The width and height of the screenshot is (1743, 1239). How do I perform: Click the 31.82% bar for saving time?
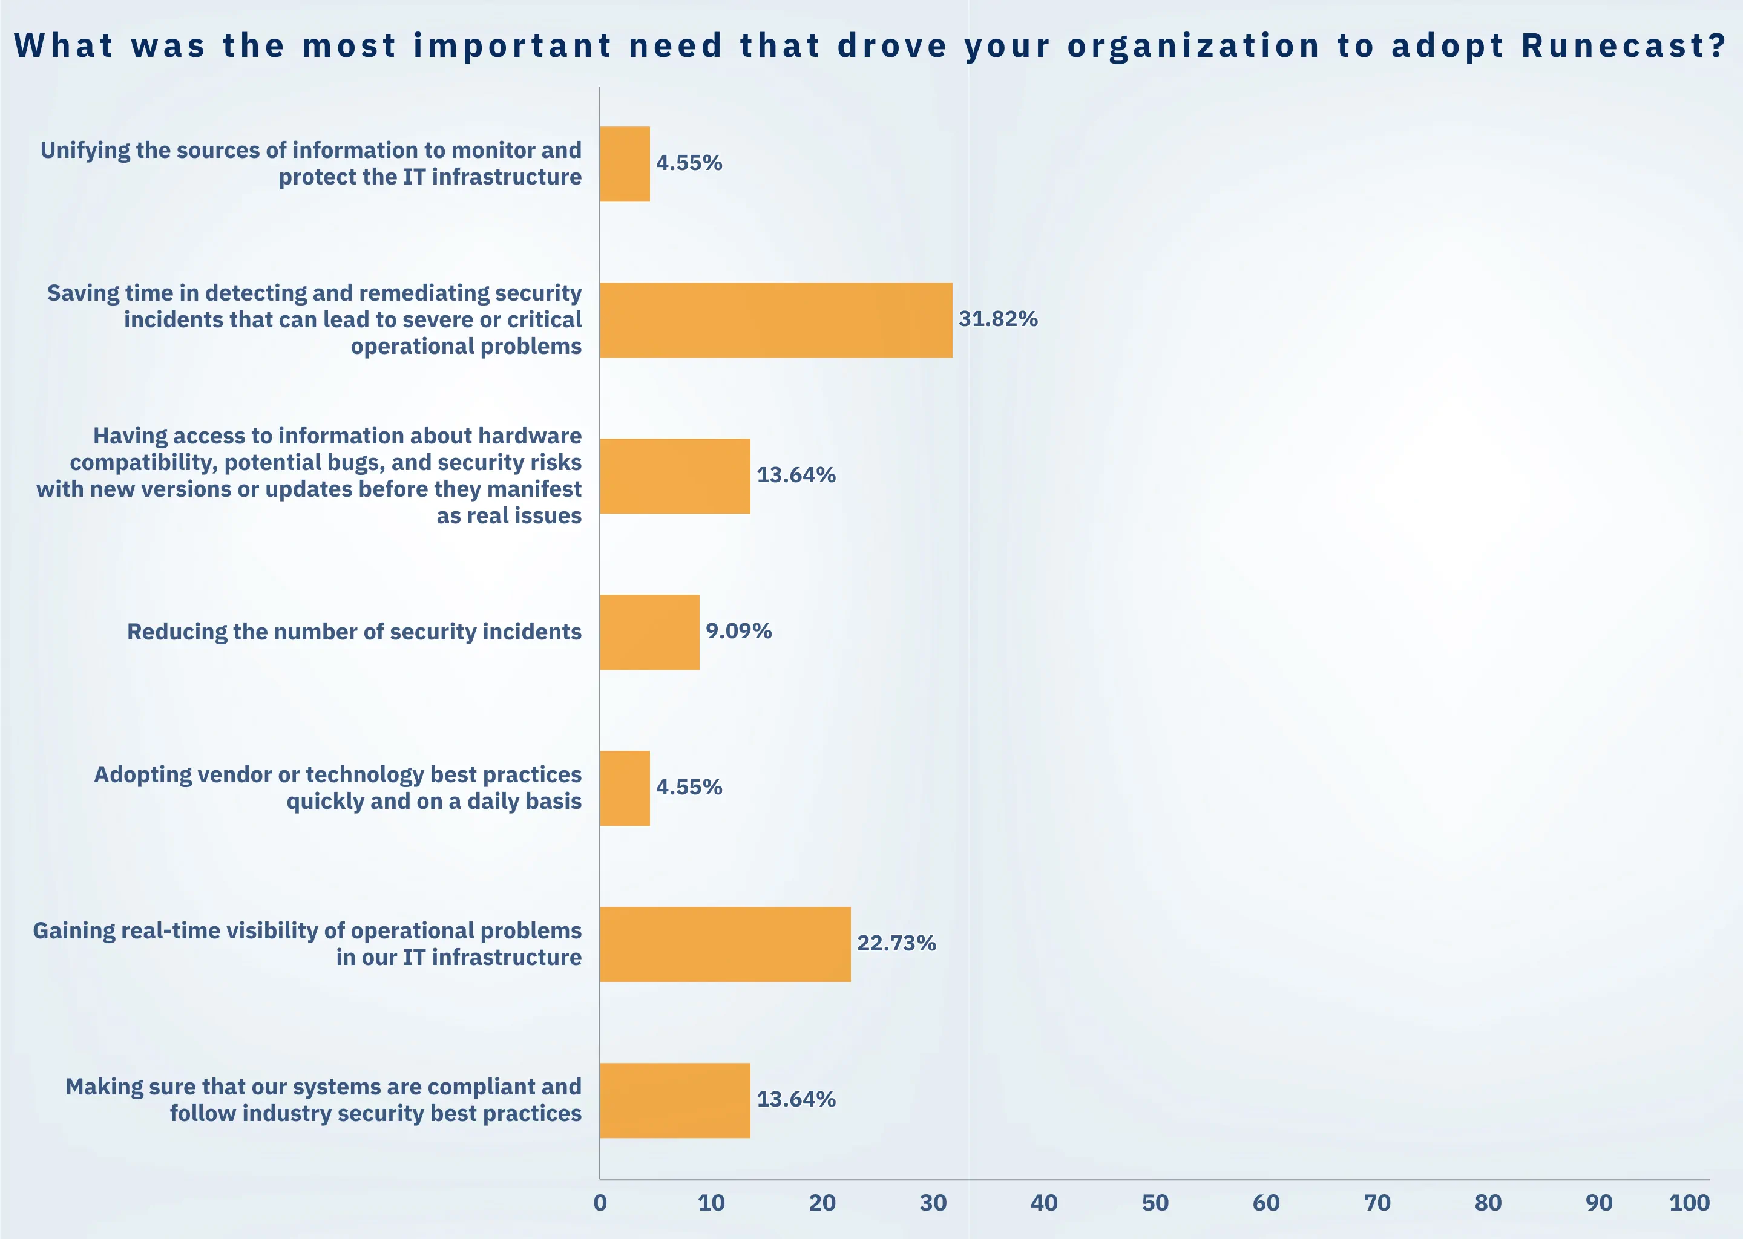pyautogui.click(x=775, y=321)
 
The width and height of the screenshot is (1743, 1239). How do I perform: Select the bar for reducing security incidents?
pyautogui.click(x=649, y=632)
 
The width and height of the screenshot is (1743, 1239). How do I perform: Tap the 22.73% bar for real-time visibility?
pyautogui.click(x=725, y=944)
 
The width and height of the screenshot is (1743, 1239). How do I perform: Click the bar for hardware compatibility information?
pyautogui.click(x=675, y=476)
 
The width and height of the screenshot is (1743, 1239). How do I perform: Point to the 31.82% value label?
pyautogui.click(x=998, y=319)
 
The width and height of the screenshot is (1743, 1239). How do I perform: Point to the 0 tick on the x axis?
pyautogui.click(x=600, y=1203)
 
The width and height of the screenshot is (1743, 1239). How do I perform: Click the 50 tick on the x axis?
pyautogui.click(x=1155, y=1203)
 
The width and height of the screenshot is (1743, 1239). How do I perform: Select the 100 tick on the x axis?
pyautogui.click(x=1689, y=1203)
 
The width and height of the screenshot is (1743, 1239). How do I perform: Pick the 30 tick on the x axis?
pyautogui.click(x=933, y=1203)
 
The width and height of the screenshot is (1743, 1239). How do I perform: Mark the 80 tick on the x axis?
pyautogui.click(x=1488, y=1203)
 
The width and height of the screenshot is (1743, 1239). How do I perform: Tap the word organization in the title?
pyautogui.click(x=1193, y=47)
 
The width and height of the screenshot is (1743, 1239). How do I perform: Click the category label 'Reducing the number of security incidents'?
pyautogui.click(x=354, y=632)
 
